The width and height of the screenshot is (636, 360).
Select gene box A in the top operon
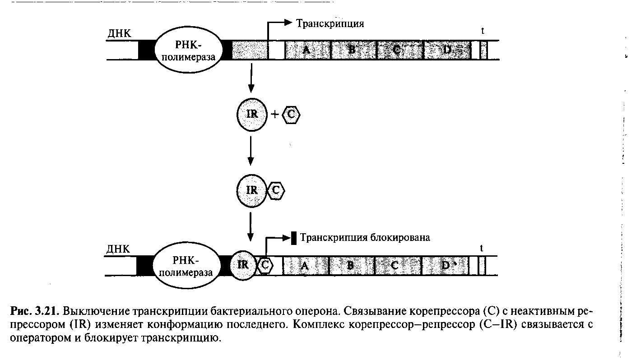[307, 50]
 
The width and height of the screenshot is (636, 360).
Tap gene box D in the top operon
[446, 50]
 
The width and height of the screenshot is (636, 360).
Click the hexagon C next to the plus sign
[291, 115]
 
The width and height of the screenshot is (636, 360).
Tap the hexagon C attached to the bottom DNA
[265, 265]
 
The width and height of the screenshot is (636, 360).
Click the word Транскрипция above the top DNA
[330, 23]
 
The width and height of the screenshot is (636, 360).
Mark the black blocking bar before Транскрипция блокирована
[294, 238]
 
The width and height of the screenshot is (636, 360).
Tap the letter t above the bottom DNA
[482, 248]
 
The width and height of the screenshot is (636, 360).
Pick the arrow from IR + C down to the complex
[251, 155]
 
